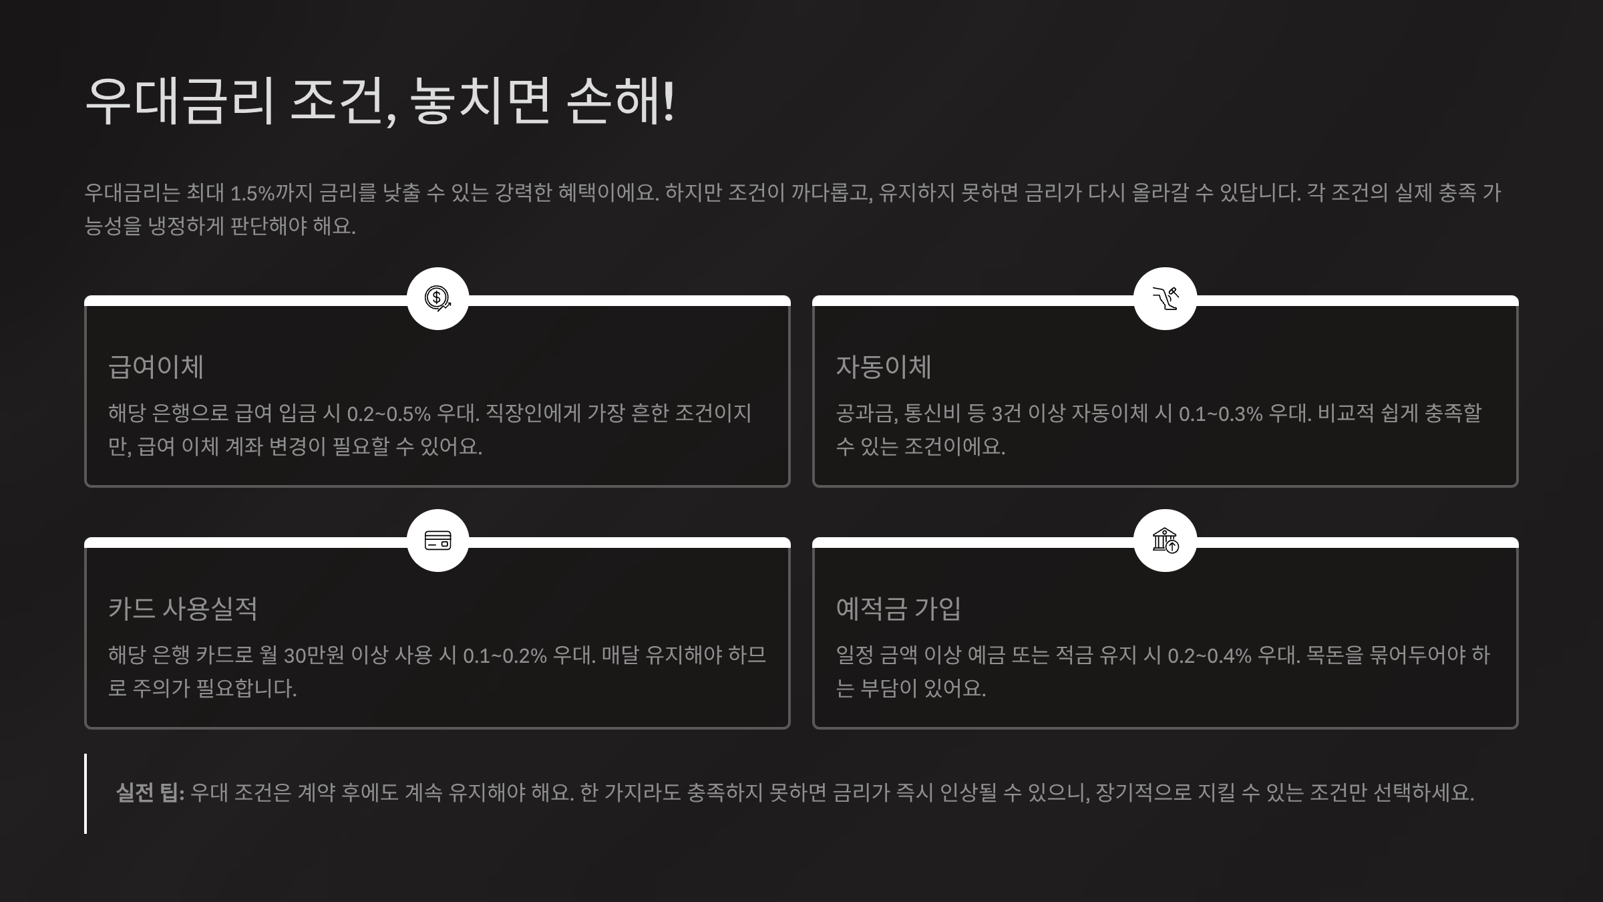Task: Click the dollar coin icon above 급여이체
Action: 437,298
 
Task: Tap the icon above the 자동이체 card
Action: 1165,298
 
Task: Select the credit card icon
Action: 437,540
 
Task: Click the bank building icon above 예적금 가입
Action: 1165,540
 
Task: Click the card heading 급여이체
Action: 156,367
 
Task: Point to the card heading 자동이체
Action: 883,367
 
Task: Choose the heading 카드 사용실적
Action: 182,609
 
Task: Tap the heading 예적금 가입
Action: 898,609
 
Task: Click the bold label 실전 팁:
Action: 150,792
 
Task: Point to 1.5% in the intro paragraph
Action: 252,193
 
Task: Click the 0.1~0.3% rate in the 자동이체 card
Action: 1220,414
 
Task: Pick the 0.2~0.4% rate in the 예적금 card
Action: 1209,655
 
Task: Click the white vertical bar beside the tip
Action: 85,793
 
